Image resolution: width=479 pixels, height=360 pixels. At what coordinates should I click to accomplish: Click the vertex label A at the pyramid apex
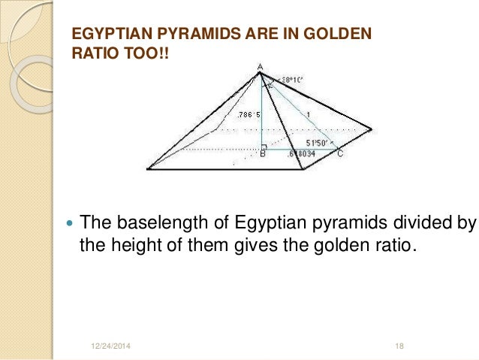pos(260,66)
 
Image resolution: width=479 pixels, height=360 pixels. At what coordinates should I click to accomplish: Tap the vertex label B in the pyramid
pos(262,155)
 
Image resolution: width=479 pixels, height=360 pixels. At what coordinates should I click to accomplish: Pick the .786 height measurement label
pos(248,115)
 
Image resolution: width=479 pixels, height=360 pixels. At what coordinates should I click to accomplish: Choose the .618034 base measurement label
pos(303,154)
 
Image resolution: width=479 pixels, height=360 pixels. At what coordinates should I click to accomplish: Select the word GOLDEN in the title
pos(336,35)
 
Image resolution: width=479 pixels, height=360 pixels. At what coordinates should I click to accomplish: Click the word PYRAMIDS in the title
pos(181,35)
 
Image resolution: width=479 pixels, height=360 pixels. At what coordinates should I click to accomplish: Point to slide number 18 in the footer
pos(399,345)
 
